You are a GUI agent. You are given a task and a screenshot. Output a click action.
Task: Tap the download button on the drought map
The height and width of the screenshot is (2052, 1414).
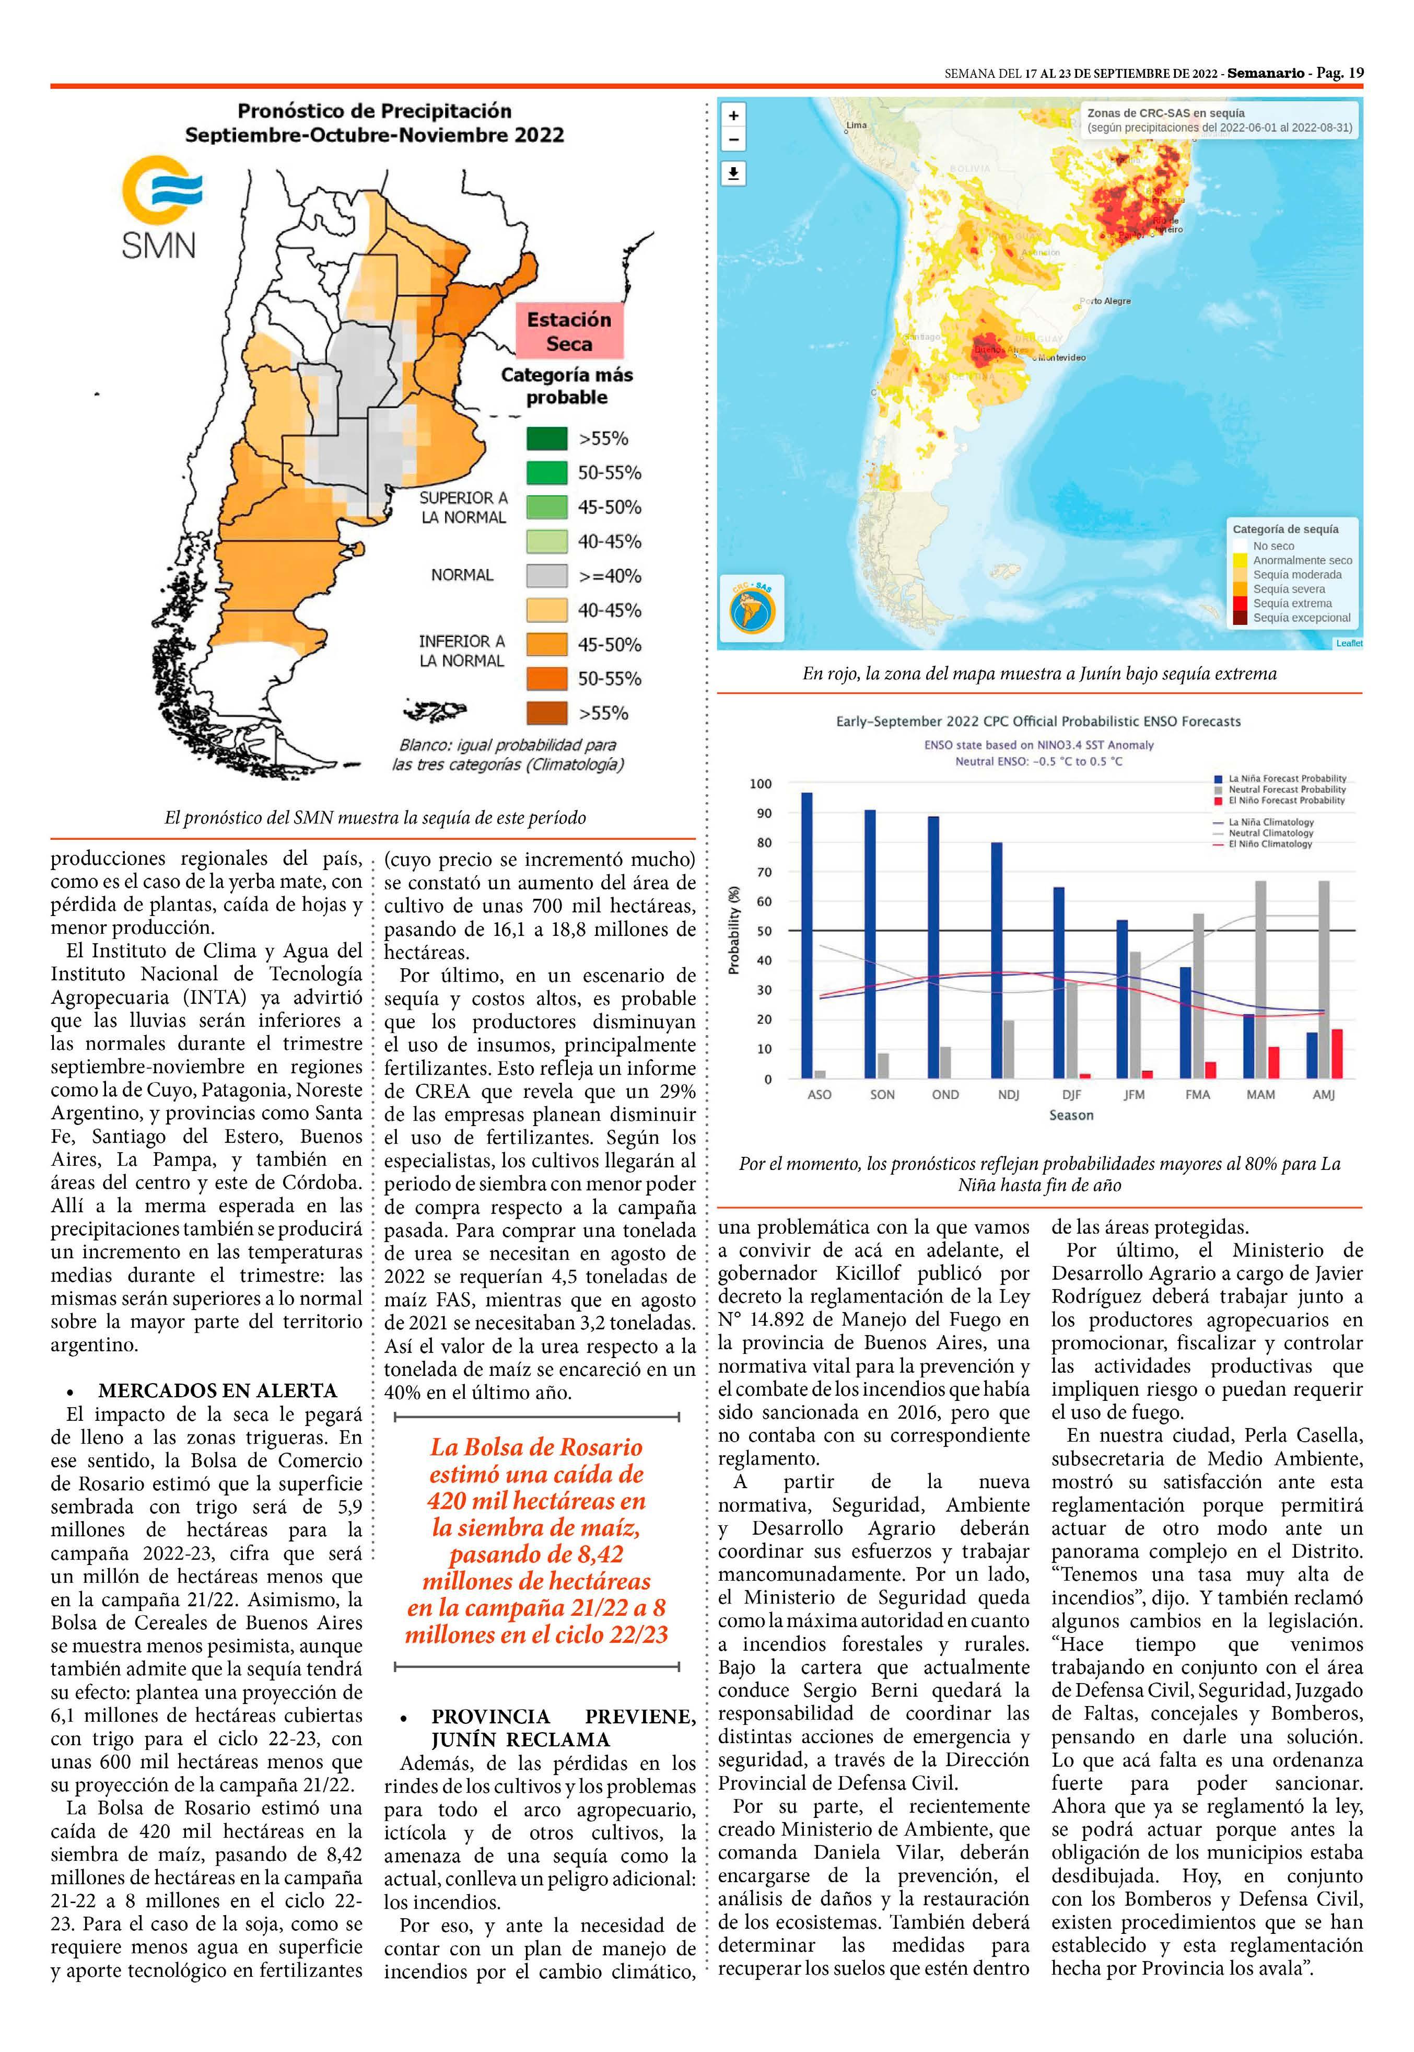pyautogui.click(x=733, y=173)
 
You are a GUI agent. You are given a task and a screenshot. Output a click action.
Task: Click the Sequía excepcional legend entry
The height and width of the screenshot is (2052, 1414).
pyautogui.click(x=1301, y=618)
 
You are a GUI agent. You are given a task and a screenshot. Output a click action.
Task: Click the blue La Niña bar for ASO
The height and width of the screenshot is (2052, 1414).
pyautogui.click(x=806, y=935)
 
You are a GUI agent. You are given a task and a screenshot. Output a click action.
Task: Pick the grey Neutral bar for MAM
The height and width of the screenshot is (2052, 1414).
pyautogui.click(x=1260, y=979)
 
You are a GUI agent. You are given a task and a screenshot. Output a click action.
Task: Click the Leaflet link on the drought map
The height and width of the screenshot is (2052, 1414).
pyautogui.click(x=1348, y=643)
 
